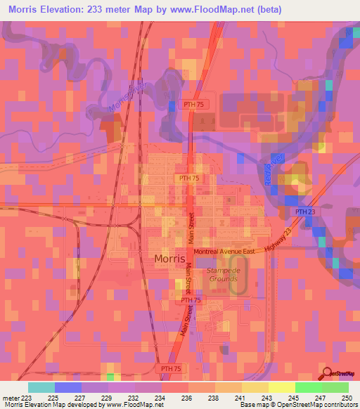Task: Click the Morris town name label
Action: click(x=169, y=259)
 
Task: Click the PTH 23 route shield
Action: click(x=304, y=212)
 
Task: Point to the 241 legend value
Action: click(x=241, y=397)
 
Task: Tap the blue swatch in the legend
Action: click(x=67, y=387)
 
